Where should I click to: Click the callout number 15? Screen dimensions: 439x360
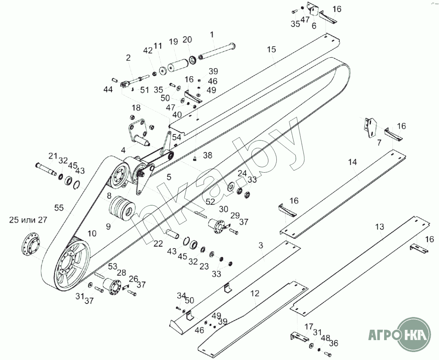tap(271, 50)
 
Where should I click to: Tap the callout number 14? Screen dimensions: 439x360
tap(353, 162)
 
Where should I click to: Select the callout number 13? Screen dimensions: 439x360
tap(379, 227)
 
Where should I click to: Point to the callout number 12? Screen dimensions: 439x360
tap(255, 294)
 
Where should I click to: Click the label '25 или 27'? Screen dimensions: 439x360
tap(29, 220)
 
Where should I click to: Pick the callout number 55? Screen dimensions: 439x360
tap(59, 208)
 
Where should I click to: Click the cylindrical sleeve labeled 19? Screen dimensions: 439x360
tap(177, 65)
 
